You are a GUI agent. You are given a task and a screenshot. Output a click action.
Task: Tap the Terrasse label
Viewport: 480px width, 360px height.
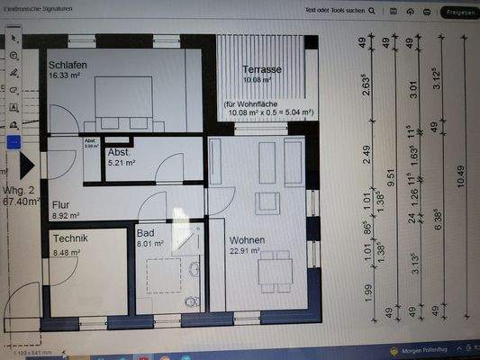click(x=263, y=68)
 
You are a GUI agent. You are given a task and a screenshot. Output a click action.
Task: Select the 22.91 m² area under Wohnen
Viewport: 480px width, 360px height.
click(x=245, y=252)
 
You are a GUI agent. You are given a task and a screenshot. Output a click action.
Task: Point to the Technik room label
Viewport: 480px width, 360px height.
click(x=70, y=239)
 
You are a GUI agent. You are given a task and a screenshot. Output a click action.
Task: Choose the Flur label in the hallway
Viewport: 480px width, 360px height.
click(x=62, y=204)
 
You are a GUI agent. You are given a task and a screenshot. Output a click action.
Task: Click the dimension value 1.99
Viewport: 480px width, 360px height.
click(x=368, y=292)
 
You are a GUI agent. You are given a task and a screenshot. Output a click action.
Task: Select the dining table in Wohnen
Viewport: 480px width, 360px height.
click(x=270, y=269)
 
